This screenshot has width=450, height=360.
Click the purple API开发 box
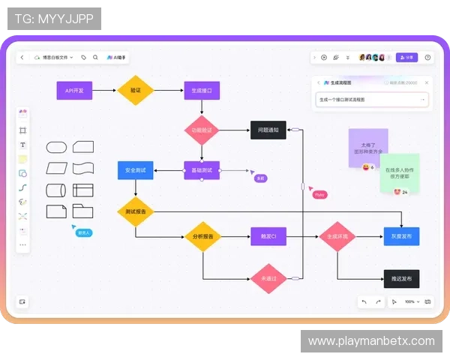pyautogui.click(x=74, y=91)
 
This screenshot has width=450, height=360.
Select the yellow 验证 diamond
pyautogui.click(x=135, y=91)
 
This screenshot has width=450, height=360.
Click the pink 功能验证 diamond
pyautogui.click(x=201, y=130)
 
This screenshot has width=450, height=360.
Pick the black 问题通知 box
pyautogui.click(x=268, y=130)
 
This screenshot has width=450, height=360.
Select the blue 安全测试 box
pyautogui.click(x=135, y=170)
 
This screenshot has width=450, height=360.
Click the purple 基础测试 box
pyautogui.click(x=202, y=170)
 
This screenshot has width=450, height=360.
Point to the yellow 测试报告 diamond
pyautogui.click(x=135, y=211)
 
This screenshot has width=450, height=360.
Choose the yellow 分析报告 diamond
pyautogui.click(x=202, y=237)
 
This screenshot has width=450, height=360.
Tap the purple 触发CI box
pyautogui.click(x=268, y=237)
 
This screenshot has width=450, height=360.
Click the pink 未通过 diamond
pyautogui.click(x=268, y=278)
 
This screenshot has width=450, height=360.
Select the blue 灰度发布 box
pyautogui.click(x=401, y=237)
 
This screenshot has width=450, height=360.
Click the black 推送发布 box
pyautogui.click(x=401, y=278)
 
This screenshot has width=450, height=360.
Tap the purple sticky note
pyautogui.click(x=367, y=145)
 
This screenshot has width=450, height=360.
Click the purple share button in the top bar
pyautogui.click(x=406, y=57)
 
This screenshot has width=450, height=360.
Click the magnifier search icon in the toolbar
pyautogui.click(x=95, y=57)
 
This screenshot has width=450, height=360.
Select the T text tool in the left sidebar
pyautogui.click(x=22, y=145)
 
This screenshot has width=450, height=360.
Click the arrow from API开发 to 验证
pyautogui.click(x=104, y=91)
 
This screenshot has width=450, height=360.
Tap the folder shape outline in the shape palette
pyautogui.click(x=82, y=211)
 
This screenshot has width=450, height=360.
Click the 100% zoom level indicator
pyautogui.click(x=409, y=301)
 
